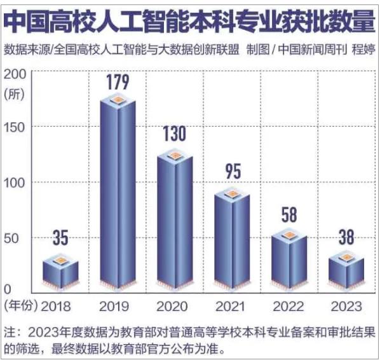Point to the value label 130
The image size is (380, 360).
pos(175,134)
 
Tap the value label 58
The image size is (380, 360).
pos(289,214)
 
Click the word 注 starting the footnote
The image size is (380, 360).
pos(9,332)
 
